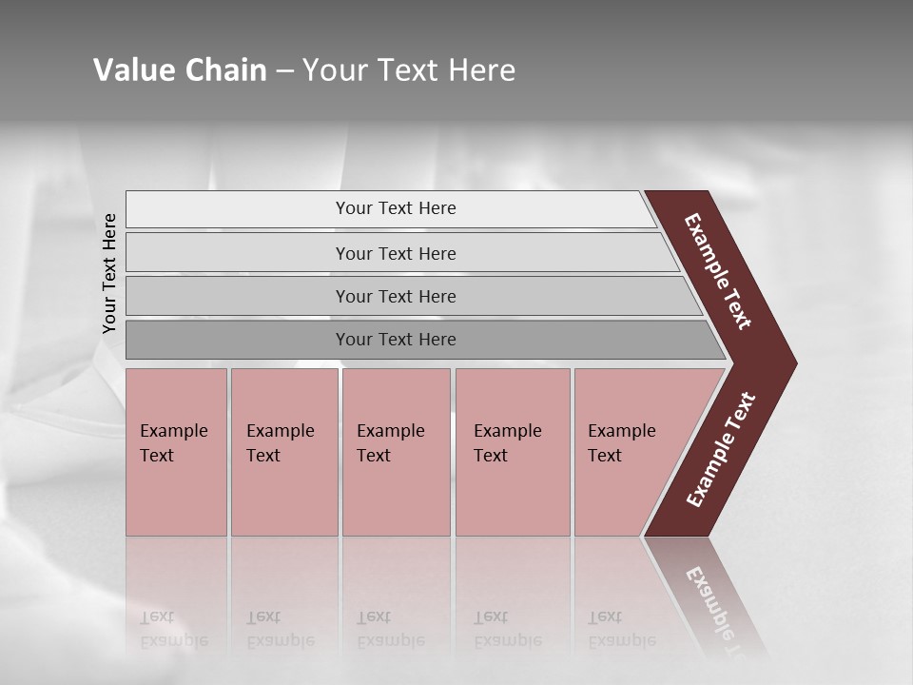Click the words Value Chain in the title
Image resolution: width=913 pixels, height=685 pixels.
[x=180, y=70]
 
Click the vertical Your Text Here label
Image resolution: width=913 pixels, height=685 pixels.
[x=110, y=273]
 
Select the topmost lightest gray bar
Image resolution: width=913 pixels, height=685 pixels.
[x=238, y=209]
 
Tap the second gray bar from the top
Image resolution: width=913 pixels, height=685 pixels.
[x=238, y=253]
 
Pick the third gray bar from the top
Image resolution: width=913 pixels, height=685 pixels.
[x=238, y=296]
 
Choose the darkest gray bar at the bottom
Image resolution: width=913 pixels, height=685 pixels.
[x=238, y=340]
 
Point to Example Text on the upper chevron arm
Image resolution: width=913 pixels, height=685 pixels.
[x=718, y=271]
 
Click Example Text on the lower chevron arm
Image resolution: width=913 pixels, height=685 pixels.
[x=720, y=450]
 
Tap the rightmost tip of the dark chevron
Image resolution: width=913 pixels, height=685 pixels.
[x=795, y=363]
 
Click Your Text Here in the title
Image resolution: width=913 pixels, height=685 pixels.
[x=409, y=70]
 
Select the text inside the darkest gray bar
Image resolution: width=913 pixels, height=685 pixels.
[x=396, y=340]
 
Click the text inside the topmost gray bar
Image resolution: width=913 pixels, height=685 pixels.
[x=396, y=208]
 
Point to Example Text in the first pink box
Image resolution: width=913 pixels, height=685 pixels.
[x=173, y=442]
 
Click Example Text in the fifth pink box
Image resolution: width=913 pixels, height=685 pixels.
[x=621, y=442]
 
